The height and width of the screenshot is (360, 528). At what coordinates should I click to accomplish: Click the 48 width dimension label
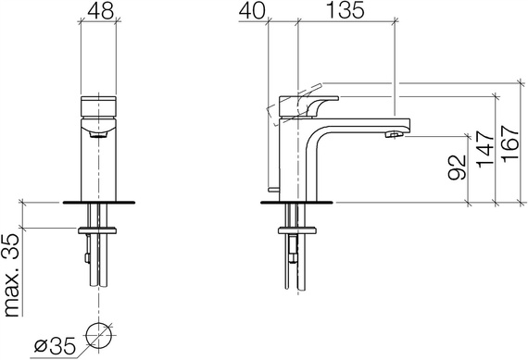coord(100,11)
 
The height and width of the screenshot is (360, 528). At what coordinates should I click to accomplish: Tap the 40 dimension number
coord(252,11)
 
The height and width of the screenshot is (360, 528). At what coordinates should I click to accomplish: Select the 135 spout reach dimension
coord(346,10)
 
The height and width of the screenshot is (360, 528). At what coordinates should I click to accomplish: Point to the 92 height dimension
coord(458,168)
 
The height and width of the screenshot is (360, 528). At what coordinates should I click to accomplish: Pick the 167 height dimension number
coord(510,144)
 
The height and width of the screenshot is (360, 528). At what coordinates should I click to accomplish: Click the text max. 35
coord(12,275)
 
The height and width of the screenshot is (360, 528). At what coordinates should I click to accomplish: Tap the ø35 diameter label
coord(55,346)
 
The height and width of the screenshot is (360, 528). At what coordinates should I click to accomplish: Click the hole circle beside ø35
coord(99,336)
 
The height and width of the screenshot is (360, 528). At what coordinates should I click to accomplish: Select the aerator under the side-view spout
coord(394,134)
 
